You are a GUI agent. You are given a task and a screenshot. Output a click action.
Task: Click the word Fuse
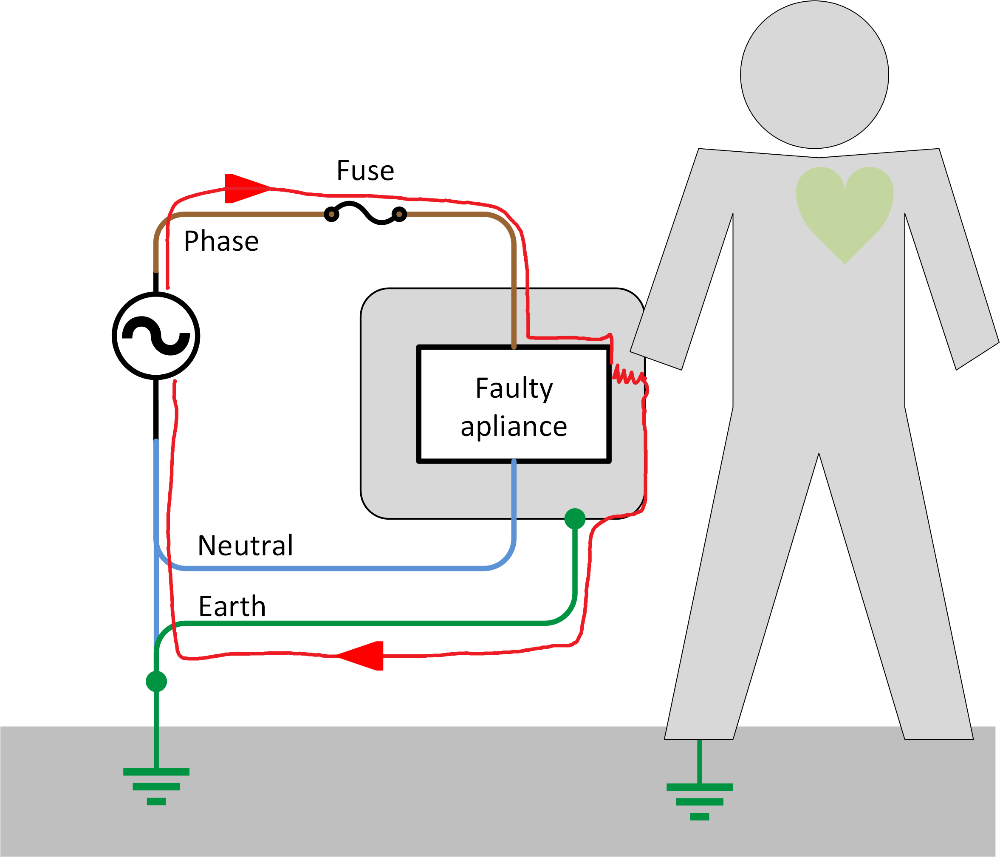365,171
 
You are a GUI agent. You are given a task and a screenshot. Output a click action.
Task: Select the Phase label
221,241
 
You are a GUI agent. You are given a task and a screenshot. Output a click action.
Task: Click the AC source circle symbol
156,336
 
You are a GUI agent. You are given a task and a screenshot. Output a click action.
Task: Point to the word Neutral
245,546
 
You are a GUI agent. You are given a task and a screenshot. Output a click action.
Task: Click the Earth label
232,606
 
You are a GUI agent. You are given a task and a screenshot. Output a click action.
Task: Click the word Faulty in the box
514,388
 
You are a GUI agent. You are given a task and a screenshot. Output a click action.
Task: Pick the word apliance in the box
514,427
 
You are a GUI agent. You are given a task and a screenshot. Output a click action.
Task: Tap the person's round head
814,75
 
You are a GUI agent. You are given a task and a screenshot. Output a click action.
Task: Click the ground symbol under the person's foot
699,801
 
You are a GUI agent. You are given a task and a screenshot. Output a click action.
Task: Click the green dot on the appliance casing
575,519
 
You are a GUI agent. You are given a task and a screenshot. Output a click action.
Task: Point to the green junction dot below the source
156,681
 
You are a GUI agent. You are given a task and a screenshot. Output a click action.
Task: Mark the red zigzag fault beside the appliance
627,376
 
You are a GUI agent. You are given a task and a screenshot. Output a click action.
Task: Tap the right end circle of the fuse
399,214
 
